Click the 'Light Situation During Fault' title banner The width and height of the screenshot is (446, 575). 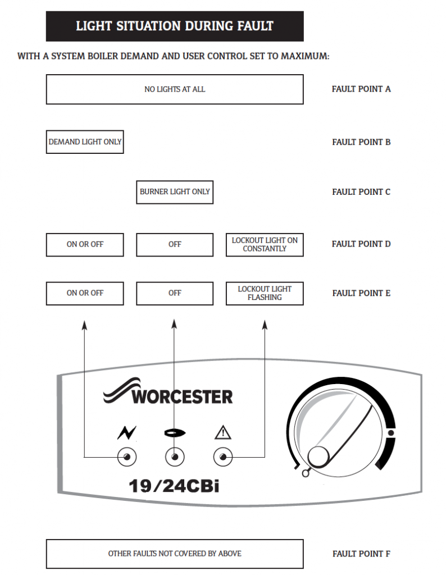[x=175, y=26]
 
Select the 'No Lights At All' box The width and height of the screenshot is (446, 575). [x=175, y=89]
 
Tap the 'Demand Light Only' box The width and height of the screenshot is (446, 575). [x=85, y=142]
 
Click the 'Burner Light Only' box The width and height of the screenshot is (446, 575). [x=175, y=191]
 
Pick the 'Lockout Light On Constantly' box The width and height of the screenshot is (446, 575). [x=265, y=244]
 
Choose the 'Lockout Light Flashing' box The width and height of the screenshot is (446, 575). [x=265, y=293]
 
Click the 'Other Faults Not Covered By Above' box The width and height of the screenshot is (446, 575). [x=175, y=554]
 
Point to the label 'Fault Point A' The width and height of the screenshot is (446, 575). [x=361, y=89]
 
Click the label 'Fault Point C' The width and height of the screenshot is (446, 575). [x=361, y=192]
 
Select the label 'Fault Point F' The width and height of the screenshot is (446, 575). [x=361, y=554]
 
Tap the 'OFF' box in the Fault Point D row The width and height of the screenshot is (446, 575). [x=175, y=244]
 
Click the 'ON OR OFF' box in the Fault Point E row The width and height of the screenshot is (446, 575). [x=85, y=293]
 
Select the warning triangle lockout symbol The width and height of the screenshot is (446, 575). [x=223, y=433]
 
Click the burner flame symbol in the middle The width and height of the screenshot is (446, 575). [x=174, y=433]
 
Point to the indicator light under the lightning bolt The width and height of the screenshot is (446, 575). [x=127, y=458]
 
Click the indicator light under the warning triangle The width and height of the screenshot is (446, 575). [x=223, y=458]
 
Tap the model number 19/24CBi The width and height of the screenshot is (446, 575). [x=174, y=485]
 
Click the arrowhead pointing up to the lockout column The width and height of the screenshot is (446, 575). [x=265, y=325]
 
